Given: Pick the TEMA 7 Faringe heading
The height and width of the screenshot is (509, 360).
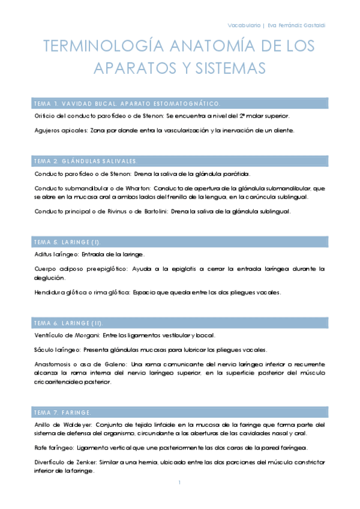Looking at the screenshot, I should tap(63, 412).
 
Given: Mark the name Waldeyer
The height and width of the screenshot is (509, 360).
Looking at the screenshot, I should tap(76, 424).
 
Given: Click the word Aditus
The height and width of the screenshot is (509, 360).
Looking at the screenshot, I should tap(43, 254).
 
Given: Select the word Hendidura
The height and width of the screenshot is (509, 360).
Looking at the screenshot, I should tap(51, 292).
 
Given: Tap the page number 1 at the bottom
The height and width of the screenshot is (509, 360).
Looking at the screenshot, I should tap(179, 483).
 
